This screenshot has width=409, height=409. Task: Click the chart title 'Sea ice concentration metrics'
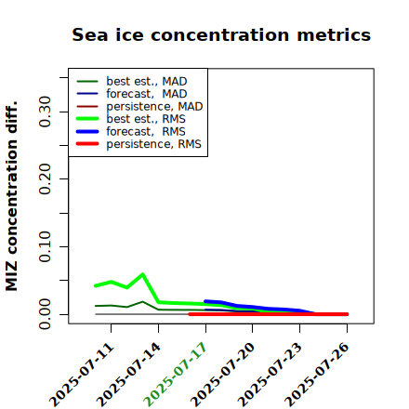coord(221,34)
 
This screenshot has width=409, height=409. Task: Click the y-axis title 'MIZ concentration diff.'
coord(11,196)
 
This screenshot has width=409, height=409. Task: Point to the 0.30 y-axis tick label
coord(45,112)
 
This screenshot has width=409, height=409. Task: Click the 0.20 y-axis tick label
coord(45,179)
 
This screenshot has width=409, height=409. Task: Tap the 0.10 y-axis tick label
coord(45,246)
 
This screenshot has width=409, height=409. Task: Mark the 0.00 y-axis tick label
coord(45,314)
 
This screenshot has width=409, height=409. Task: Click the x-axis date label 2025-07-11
coord(82,375)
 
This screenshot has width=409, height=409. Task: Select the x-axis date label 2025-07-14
coord(129,375)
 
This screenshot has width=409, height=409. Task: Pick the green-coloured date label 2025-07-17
coord(176,375)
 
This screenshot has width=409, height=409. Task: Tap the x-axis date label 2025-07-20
coord(223,375)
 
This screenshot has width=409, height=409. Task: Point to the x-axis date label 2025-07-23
coord(270,375)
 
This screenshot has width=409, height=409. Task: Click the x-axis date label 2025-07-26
coord(317,375)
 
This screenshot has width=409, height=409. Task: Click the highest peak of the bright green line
coord(142,274)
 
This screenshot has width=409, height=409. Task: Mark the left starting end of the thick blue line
coord(205,301)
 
